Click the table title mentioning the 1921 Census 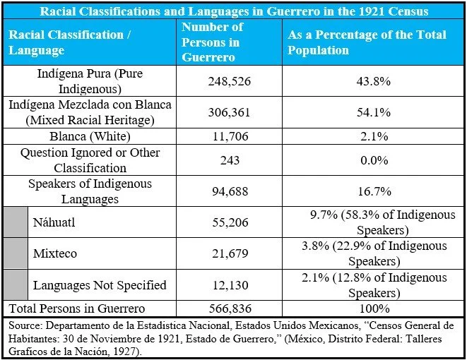click(233, 11)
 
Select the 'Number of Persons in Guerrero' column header click(212, 42)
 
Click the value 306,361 click(230, 112)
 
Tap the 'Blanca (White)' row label click(90, 136)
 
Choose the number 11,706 click(230, 136)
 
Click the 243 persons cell click(230, 160)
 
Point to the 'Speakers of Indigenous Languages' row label click(90, 191)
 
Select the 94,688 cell click(230, 191)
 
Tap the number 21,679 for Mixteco click(230, 253)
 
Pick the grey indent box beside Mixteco click(15, 253)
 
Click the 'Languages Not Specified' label click(100, 285)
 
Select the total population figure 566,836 click(230, 308)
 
